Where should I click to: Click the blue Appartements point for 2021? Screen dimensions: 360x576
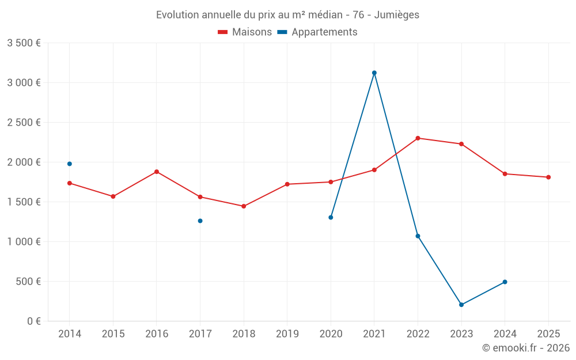click(x=374, y=73)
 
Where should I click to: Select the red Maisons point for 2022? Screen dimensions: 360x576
click(x=418, y=138)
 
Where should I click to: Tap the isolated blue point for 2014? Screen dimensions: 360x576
click(x=70, y=164)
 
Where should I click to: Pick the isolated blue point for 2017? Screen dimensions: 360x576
click(x=200, y=221)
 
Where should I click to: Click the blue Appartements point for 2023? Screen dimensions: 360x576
click(x=461, y=305)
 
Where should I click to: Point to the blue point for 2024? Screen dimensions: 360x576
click(x=505, y=282)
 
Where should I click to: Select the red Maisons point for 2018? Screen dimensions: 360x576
click(x=244, y=206)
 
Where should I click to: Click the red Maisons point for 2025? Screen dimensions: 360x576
click(x=548, y=177)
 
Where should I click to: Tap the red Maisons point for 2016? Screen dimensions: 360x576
click(x=157, y=172)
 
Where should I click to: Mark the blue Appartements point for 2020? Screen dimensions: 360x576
click(x=331, y=217)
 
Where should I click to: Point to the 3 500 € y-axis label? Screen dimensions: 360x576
click(x=24, y=43)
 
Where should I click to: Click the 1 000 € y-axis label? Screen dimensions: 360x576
click(x=24, y=242)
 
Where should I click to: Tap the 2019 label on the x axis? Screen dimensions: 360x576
click(x=287, y=334)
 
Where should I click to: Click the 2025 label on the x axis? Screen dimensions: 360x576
click(x=548, y=334)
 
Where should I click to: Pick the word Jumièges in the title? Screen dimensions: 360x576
click(x=397, y=14)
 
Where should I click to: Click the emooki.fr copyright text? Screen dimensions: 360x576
click(x=526, y=348)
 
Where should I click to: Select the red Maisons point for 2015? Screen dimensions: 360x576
click(x=113, y=196)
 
